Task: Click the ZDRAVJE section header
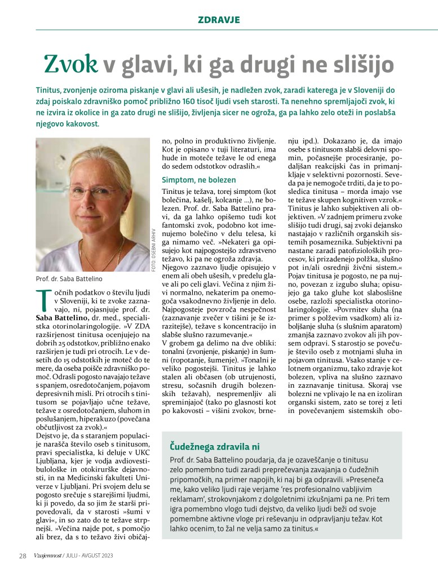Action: coord(219,20)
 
